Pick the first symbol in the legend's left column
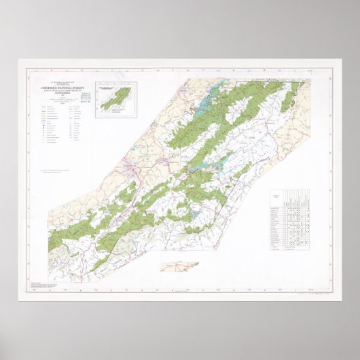point(45,108)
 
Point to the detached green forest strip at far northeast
point(289,102)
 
